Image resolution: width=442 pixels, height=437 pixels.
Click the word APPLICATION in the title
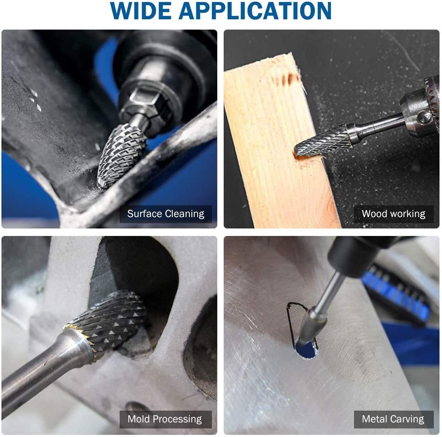pyautogui.click(x=255, y=11)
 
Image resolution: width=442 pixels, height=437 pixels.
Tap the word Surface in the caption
pyautogui.click(x=145, y=214)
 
